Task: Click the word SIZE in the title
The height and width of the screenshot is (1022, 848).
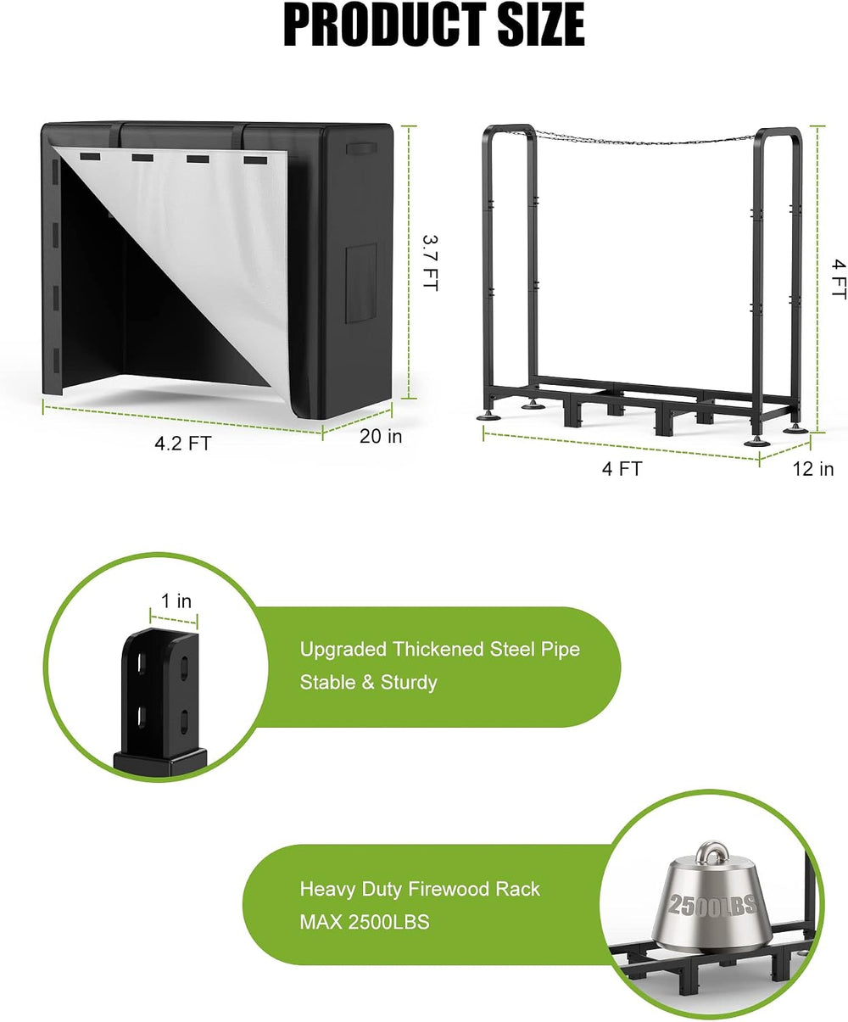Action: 541,25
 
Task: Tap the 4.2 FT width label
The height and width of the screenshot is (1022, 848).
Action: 182,444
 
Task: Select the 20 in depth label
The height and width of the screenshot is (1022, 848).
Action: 381,436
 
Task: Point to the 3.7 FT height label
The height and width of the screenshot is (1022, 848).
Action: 430,263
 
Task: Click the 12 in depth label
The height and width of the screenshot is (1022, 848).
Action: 812,469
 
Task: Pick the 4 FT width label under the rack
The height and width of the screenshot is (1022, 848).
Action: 622,469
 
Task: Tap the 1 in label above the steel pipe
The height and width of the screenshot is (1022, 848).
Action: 176,601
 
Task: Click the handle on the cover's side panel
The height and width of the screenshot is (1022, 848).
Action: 361,148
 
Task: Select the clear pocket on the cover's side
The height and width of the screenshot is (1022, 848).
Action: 361,283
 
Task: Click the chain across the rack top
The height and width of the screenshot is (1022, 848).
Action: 645,139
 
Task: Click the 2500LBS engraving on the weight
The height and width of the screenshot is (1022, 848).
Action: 712,904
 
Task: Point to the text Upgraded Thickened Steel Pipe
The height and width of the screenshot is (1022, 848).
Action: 439,650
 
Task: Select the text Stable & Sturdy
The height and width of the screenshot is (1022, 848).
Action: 369,682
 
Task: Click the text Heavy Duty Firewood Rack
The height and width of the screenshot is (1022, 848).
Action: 420,889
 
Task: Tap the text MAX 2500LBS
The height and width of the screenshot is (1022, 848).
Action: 365,922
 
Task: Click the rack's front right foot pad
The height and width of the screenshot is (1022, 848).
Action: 757,442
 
